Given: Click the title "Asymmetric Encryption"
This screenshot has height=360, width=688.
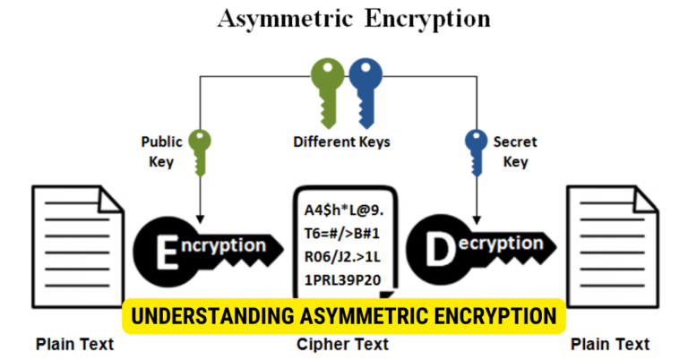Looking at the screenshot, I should click(343, 21).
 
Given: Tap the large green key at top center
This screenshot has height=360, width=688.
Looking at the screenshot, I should click(323, 90).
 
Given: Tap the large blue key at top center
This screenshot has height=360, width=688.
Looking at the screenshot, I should click(365, 90).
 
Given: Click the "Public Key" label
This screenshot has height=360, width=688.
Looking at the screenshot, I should click(160, 151).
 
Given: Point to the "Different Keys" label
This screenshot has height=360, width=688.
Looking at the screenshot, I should click(341, 141).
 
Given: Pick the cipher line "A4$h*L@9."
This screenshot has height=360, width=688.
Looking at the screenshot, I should click(345, 210).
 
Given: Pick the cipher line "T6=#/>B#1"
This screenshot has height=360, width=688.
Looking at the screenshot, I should click(343, 234).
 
